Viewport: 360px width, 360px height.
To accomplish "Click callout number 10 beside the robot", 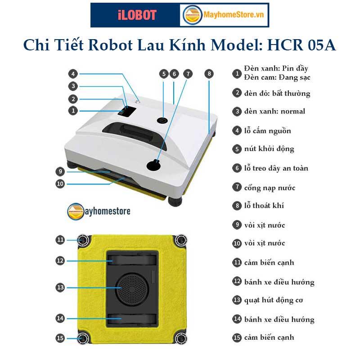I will point(60,183).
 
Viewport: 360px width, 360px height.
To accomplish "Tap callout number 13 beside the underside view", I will point(60,287).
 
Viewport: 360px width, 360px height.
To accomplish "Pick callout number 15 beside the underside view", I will point(60,338).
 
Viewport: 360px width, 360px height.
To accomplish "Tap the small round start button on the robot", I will point(162,121).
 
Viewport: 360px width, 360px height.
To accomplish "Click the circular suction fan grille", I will point(132,288).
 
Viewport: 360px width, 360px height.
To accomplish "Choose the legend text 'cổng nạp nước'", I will point(270,188).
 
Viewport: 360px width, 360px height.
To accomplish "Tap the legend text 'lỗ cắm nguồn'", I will point(268,131).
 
